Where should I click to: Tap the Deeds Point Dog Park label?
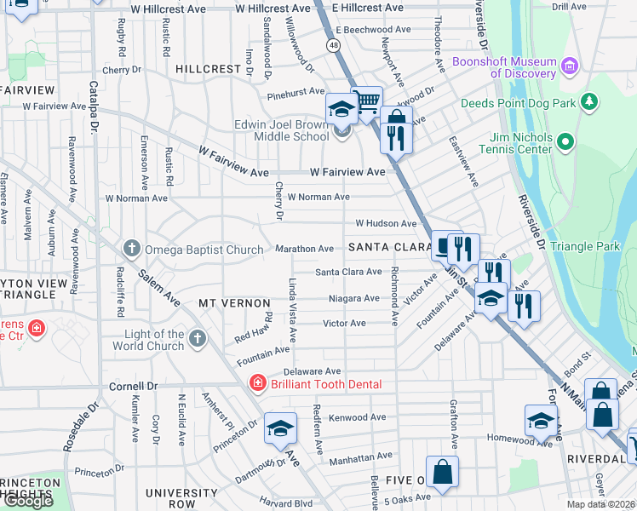pyautogui.click(x=519, y=103)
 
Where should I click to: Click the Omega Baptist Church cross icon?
pyautogui.click(x=131, y=249)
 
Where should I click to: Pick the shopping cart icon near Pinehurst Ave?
pyautogui.click(x=366, y=103)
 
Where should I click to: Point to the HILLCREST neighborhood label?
pyautogui.click(x=209, y=68)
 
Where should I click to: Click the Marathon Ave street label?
pyautogui.click(x=304, y=249)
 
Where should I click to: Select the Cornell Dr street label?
pyautogui.click(x=134, y=385)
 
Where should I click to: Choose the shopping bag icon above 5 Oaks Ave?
pyautogui.click(x=443, y=471)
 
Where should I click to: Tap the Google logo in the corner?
pyautogui.click(x=28, y=501)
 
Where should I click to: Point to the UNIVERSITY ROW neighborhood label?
pyautogui.click(x=182, y=498)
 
